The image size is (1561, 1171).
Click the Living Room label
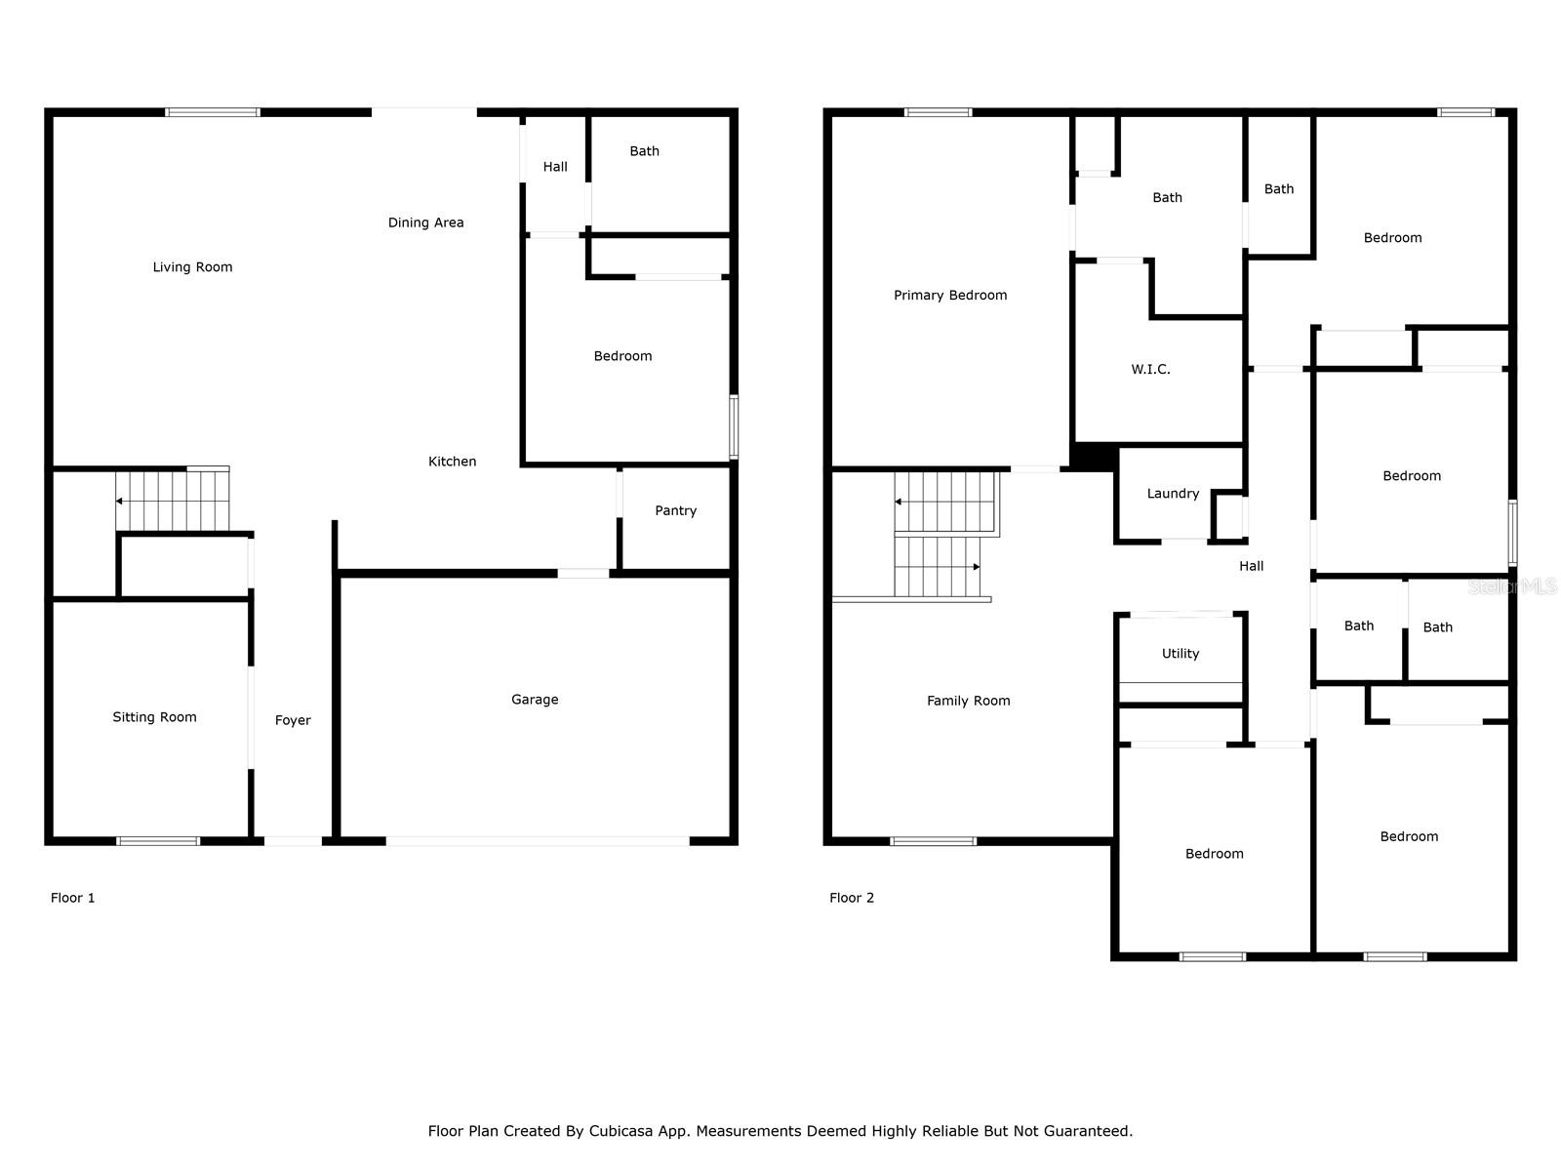point(192,266)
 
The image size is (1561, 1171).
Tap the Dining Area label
point(425,222)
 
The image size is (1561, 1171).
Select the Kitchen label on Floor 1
point(452,462)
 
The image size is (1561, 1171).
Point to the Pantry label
point(675,510)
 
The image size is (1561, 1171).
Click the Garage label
point(534,700)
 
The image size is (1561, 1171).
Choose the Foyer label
point(293,720)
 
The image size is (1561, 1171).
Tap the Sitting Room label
point(154,716)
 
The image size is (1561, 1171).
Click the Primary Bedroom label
point(949,295)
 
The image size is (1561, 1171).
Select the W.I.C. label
point(1150,369)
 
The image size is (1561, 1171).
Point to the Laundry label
point(1172,494)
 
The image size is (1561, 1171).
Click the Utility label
point(1180,654)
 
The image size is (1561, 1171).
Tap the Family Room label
point(968,701)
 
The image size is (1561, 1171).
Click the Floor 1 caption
point(72,897)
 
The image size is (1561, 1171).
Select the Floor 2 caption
point(851,897)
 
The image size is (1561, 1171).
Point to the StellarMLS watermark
point(1512,586)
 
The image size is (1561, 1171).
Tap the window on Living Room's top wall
point(213,112)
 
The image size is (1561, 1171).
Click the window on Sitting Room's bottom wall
point(158,841)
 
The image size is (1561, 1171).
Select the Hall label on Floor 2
point(1251,566)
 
